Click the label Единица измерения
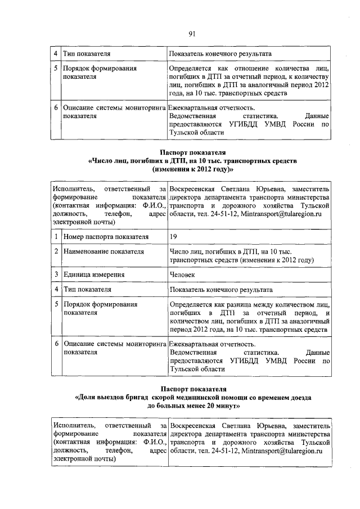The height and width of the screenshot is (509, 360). coord(93,274)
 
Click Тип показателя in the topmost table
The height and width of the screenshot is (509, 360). coord(86,54)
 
